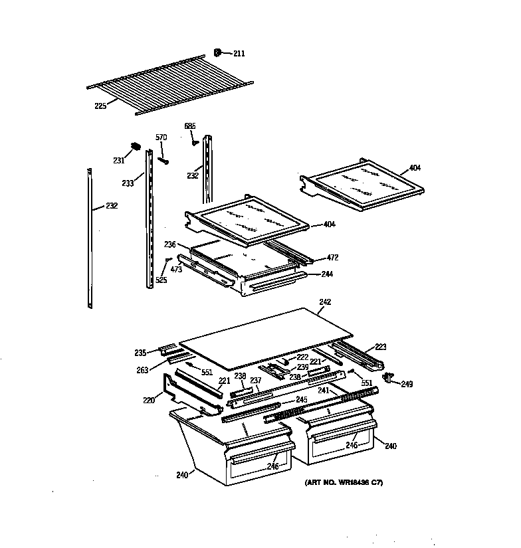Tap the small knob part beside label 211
(218, 52)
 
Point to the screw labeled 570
(163, 159)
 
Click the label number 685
(190, 126)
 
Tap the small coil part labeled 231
(135, 145)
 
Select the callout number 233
(128, 183)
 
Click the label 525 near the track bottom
(161, 280)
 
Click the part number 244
(327, 274)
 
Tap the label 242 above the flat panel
(325, 302)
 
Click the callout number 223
(381, 347)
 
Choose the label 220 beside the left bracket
(148, 401)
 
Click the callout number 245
(301, 399)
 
